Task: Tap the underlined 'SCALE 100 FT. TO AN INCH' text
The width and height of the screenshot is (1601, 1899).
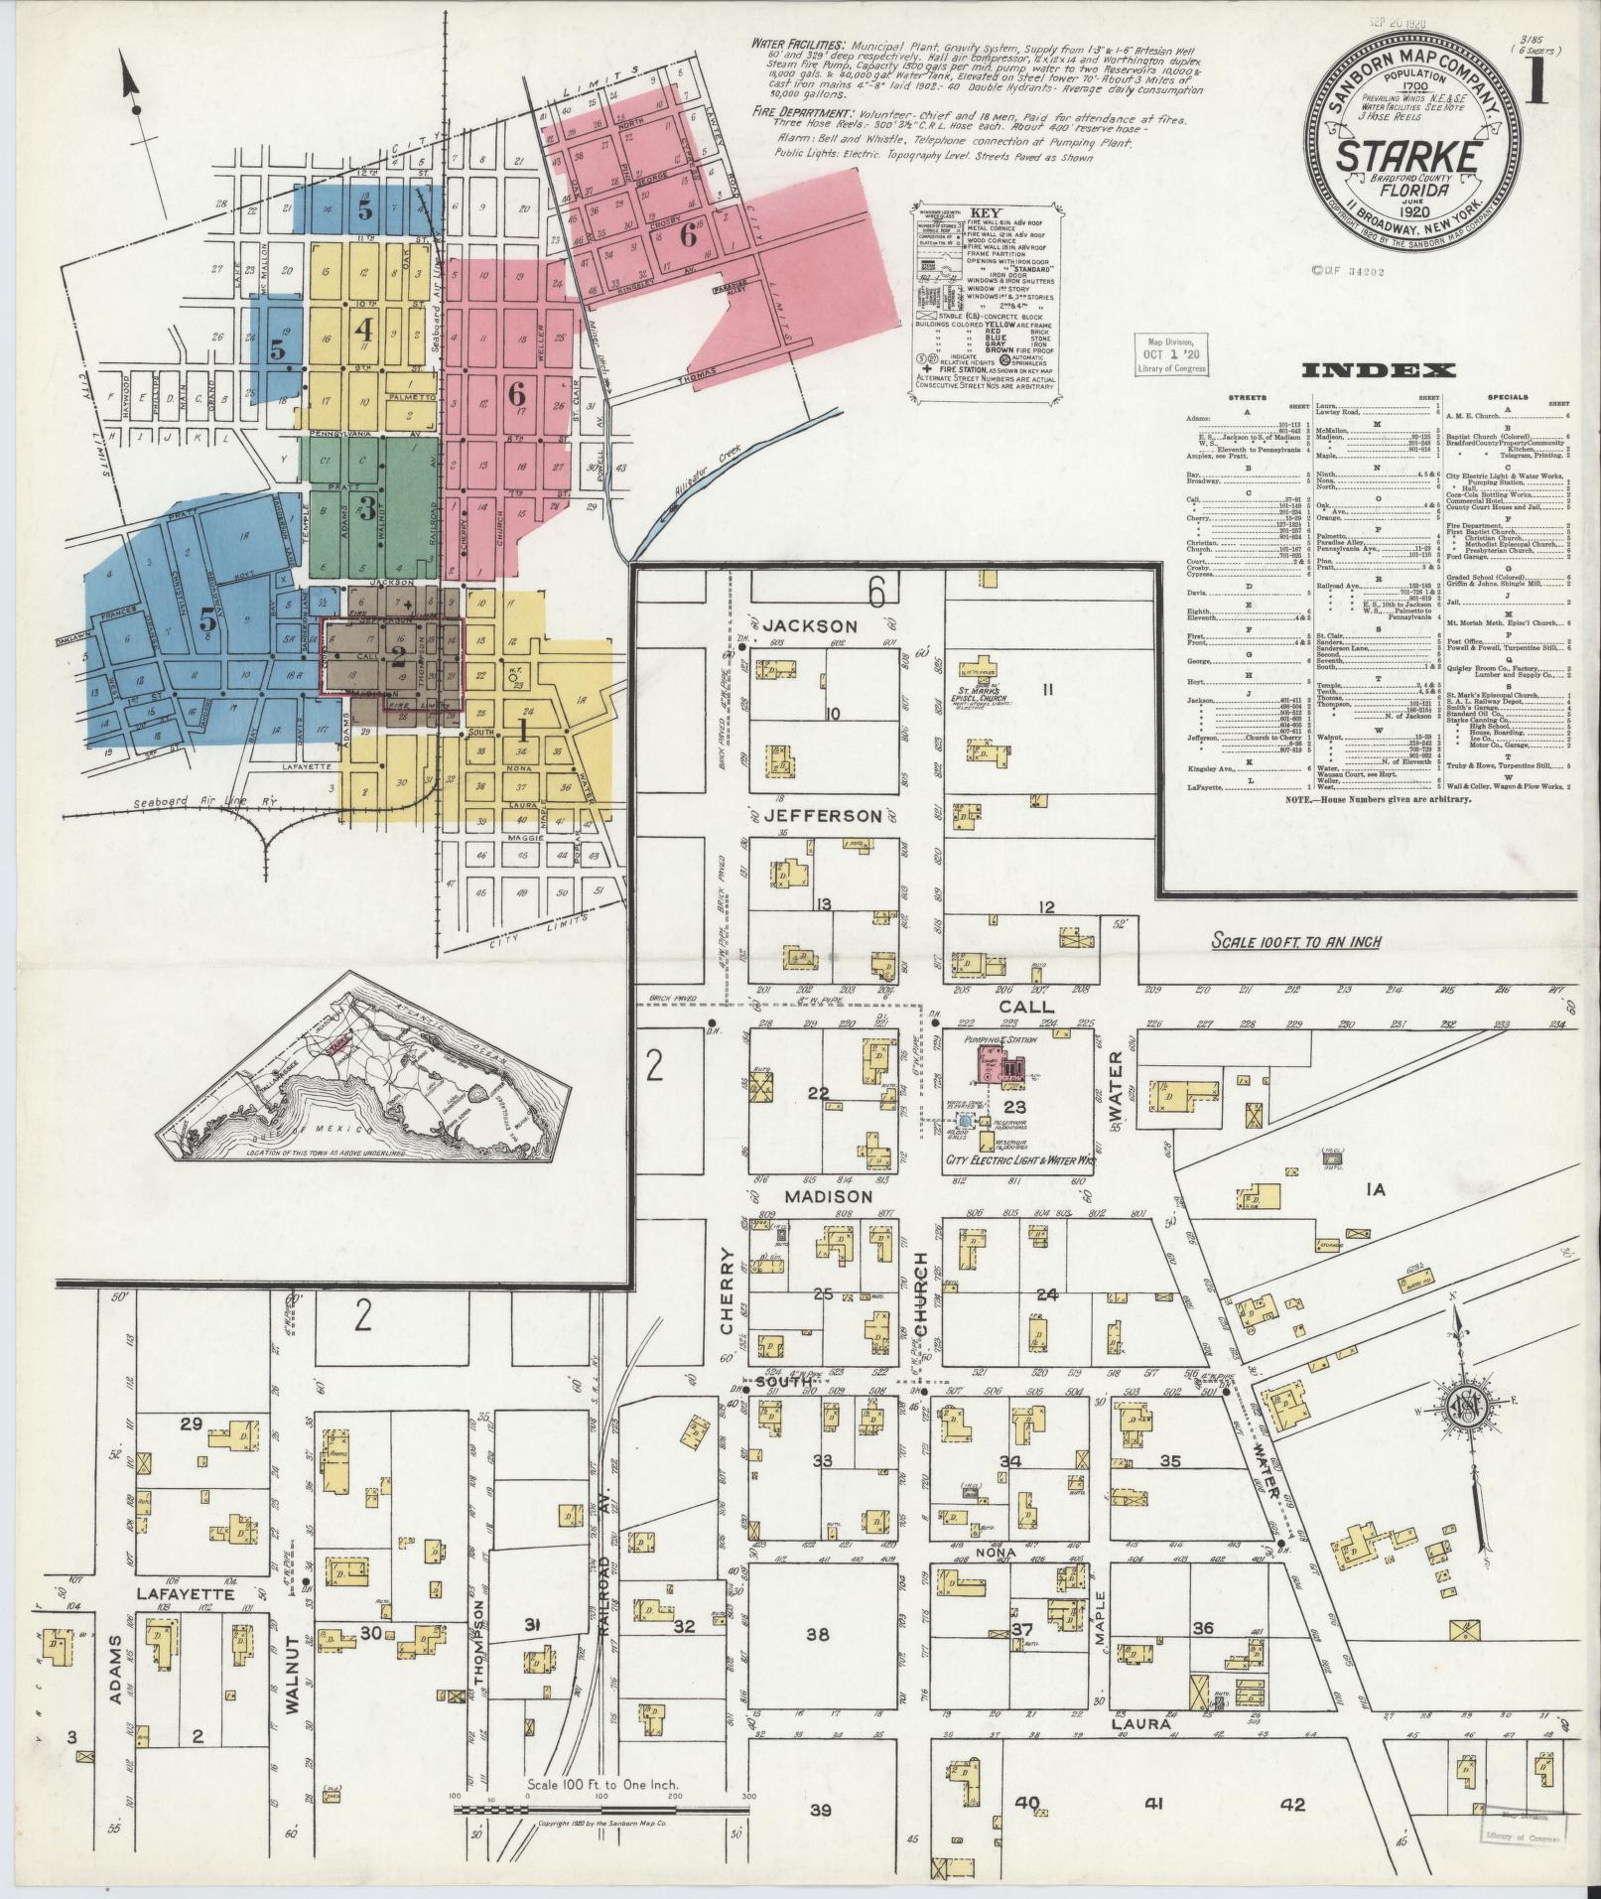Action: [1295, 941]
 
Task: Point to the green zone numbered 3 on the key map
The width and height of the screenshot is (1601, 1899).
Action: [367, 510]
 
